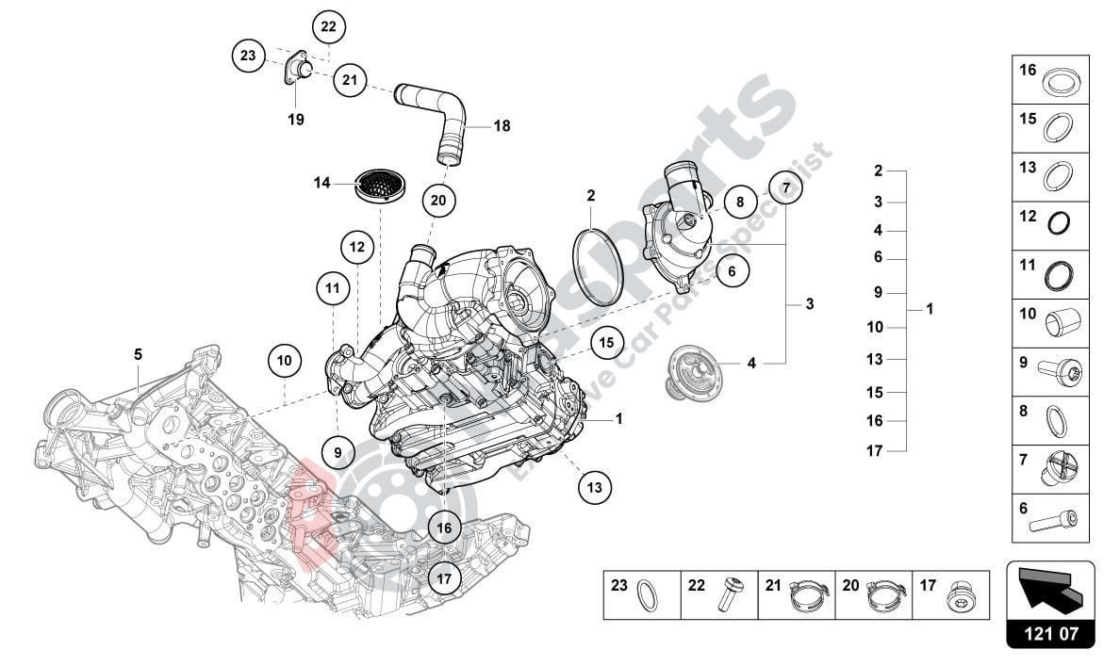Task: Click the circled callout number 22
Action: [328, 26]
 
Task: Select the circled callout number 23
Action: [248, 56]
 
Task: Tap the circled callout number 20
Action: [439, 200]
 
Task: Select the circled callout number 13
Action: [594, 487]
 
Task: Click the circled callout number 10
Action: [285, 360]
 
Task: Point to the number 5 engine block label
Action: [138, 354]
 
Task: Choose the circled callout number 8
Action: [740, 201]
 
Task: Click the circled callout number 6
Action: [732, 271]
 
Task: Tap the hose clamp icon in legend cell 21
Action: [808, 593]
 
